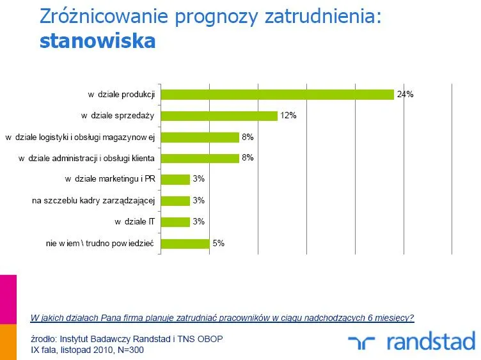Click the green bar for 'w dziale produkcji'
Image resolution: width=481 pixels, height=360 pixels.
click(x=277, y=94)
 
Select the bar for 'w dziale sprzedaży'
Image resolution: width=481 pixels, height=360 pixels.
click(x=219, y=116)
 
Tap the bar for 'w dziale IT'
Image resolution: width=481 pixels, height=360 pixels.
click(x=175, y=222)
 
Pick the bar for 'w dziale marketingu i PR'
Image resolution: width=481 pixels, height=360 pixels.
click(x=175, y=179)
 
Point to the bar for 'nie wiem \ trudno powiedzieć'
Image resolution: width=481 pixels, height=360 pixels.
click(x=185, y=243)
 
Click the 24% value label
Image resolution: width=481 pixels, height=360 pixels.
click(x=405, y=94)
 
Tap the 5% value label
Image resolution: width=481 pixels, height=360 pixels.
click(x=219, y=243)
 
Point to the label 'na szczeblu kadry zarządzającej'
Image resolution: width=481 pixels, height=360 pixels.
click(x=94, y=201)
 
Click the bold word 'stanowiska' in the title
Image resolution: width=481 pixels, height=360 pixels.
click(x=97, y=41)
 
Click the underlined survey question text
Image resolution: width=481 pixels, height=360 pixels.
click(x=222, y=317)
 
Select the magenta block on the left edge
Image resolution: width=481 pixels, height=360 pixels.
click(x=8, y=299)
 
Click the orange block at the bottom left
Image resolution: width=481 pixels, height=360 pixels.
click(x=8, y=342)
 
